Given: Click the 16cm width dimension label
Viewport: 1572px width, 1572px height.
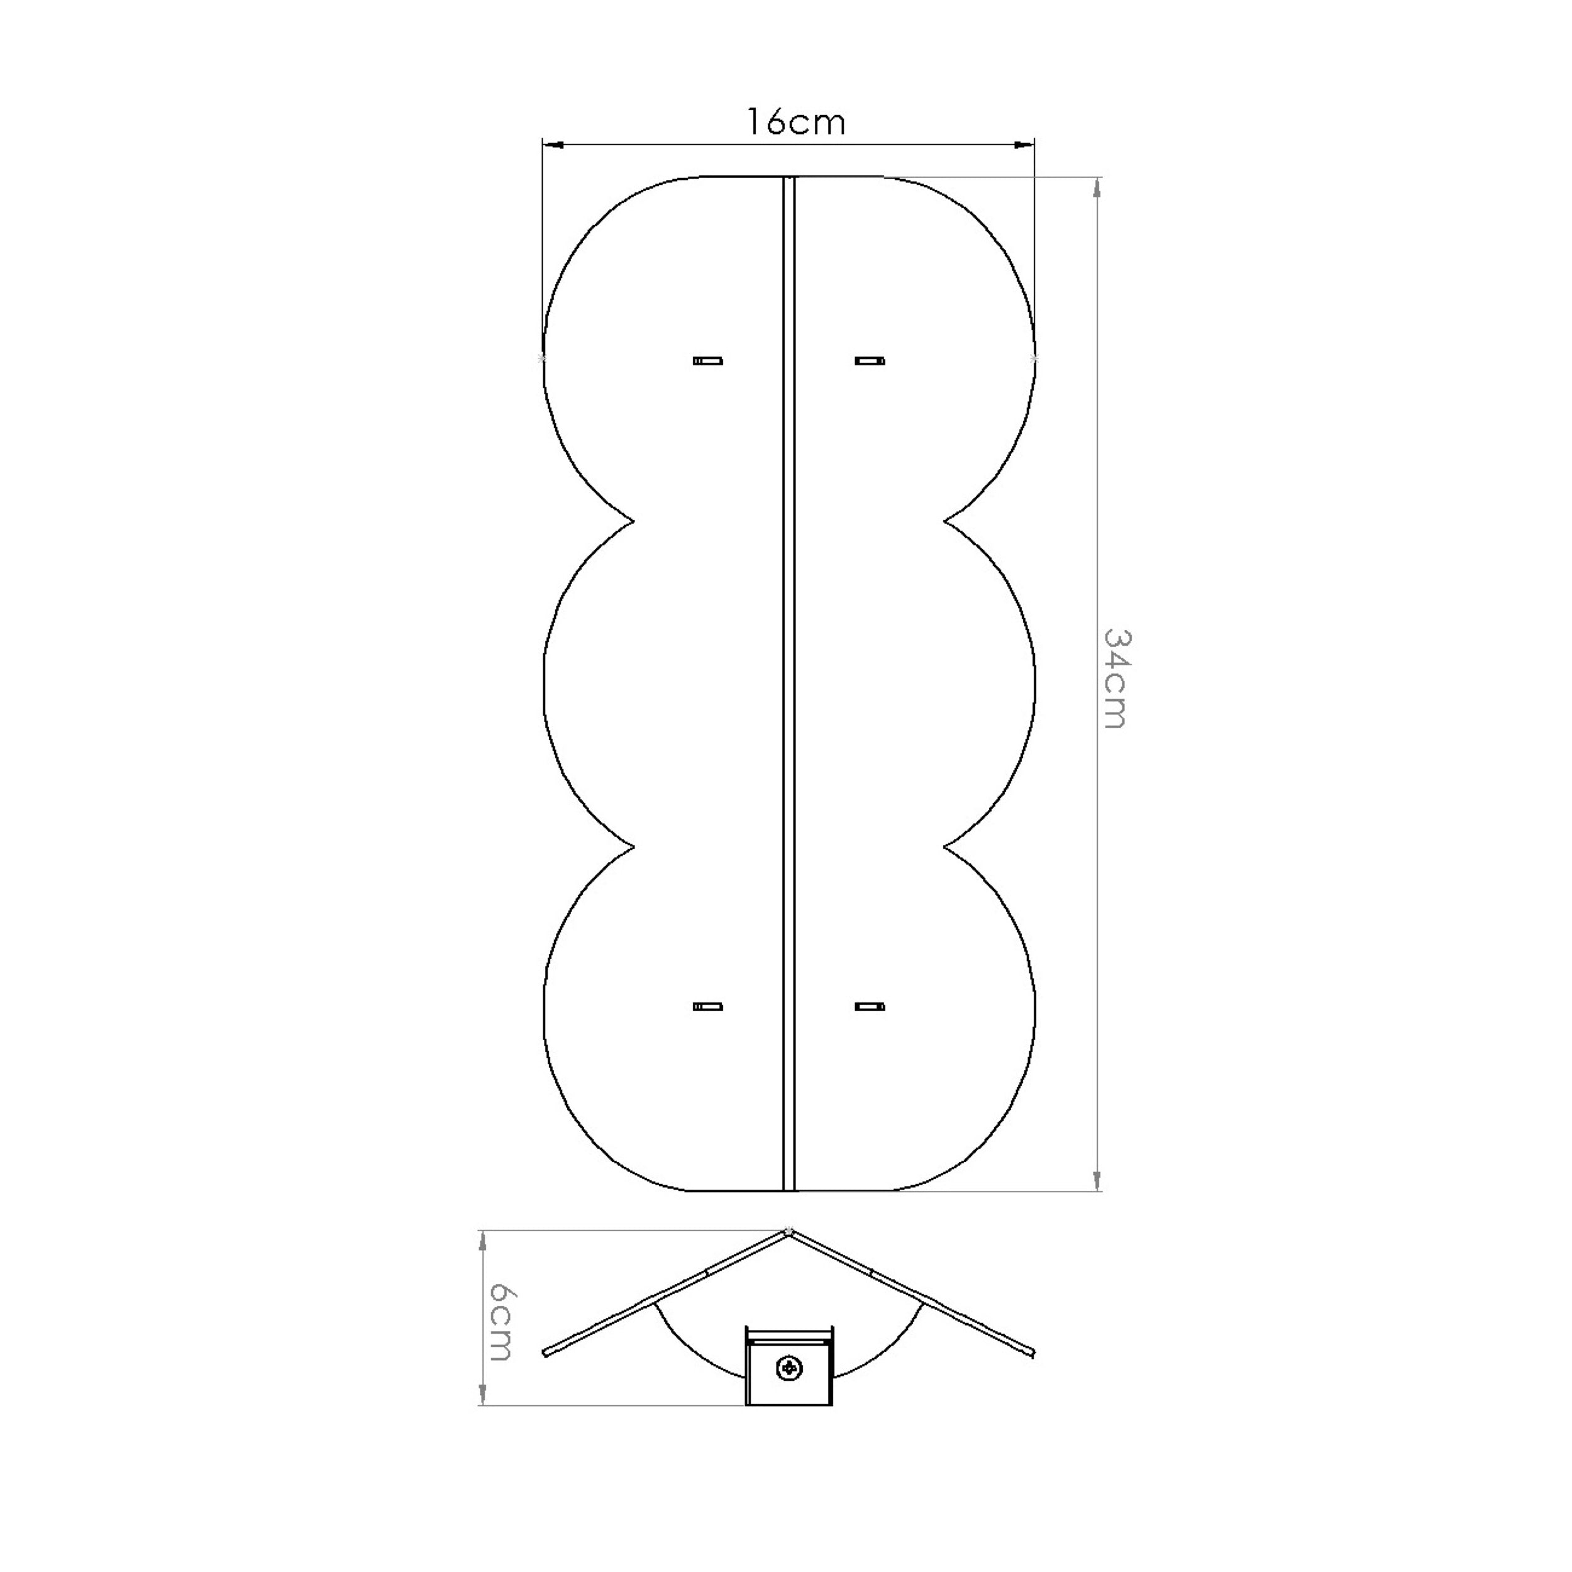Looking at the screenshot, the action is tap(797, 122).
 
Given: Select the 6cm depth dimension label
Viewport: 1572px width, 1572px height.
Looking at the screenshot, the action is tap(500, 1322).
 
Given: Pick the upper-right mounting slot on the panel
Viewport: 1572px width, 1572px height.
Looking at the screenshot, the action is tap(870, 360).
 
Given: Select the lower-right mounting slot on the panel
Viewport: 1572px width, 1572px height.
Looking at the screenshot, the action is tap(870, 1007).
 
